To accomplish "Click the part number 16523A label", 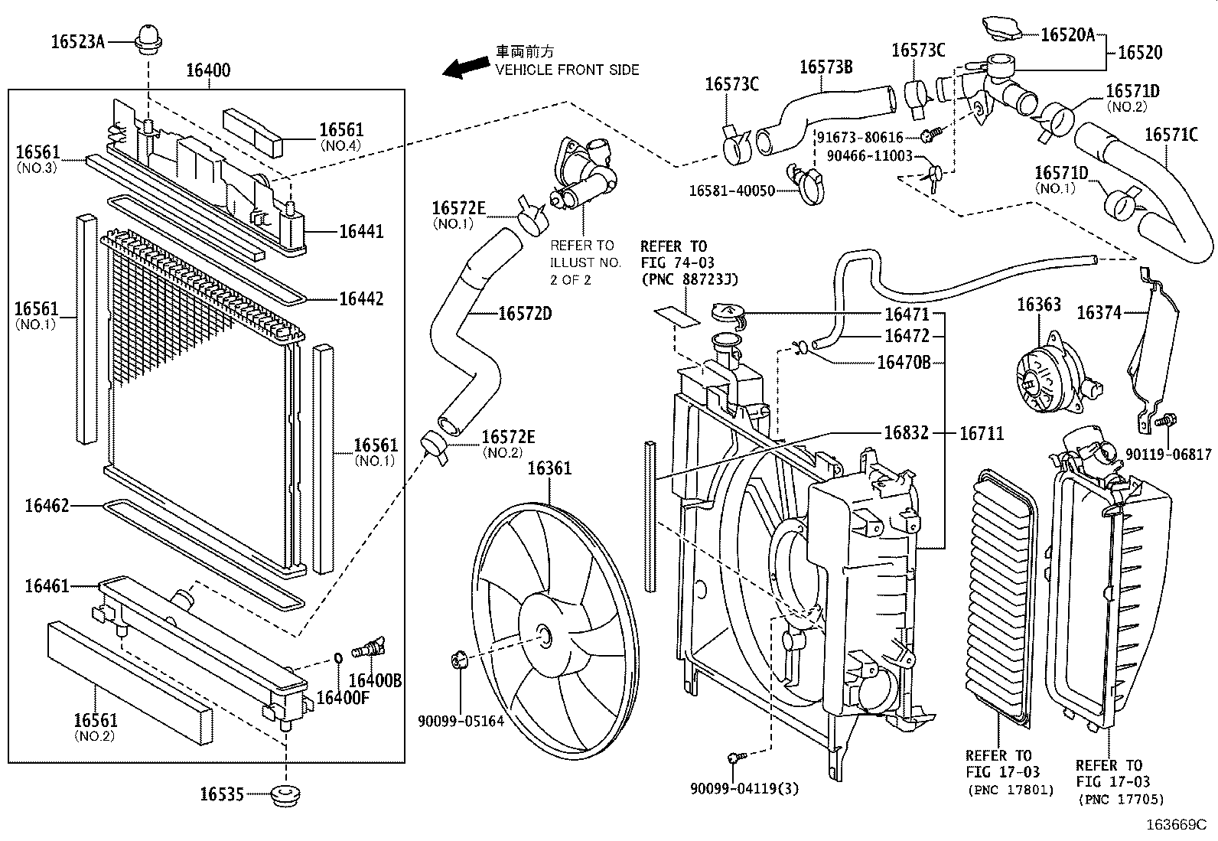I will [x=77, y=41].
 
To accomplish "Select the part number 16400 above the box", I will [x=207, y=71].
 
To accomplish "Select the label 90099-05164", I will [x=461, y=721].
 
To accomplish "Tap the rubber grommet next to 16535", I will [x=286, y=794].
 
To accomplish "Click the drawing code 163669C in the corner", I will [x=1175, y=826].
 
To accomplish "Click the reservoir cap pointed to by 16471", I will [x=726, y=314].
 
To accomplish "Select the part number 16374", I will [x=1099, y=312].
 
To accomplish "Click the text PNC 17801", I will [x=1011, y=790].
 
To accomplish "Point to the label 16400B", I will [x=375, y=680].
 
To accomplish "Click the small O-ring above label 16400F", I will [x=337, y=656].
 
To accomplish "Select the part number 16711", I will [x=982, y=433].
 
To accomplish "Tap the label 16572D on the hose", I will [x=524, y=314].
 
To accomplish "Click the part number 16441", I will [x=361, y=231].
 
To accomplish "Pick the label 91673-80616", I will [x=860, y=138].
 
